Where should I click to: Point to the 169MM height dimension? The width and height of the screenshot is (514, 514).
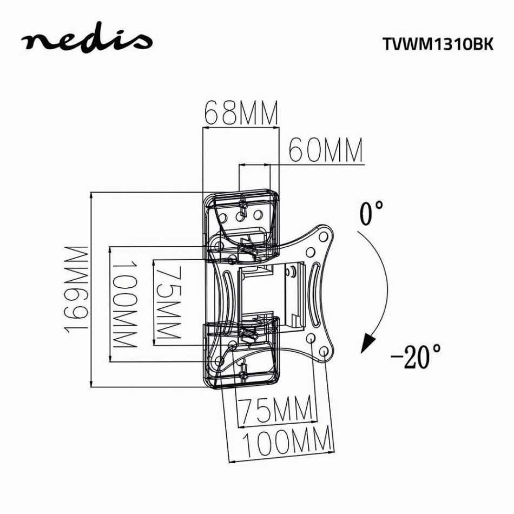pos(76,289)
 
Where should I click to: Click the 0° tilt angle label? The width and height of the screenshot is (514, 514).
pos(372,213)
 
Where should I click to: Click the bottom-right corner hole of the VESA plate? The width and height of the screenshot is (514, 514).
pos(323,352)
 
